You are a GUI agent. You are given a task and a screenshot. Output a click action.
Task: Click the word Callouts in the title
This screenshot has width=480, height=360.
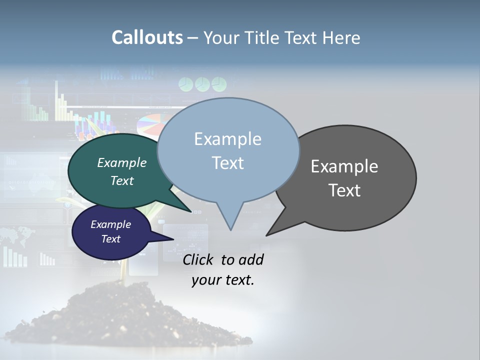147,37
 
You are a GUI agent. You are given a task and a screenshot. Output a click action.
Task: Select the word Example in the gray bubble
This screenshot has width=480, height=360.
344,166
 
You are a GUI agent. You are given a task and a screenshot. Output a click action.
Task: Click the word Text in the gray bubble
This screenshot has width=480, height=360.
344,190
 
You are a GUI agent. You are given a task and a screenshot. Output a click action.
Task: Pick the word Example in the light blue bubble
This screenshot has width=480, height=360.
227,139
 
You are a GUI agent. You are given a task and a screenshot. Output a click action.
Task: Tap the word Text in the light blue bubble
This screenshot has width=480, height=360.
227,163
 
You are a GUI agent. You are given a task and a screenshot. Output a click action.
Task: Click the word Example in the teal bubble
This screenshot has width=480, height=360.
122,162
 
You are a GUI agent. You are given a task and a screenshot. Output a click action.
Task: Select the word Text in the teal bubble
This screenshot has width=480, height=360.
122,180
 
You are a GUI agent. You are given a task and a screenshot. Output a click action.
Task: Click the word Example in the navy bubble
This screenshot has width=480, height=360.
110,224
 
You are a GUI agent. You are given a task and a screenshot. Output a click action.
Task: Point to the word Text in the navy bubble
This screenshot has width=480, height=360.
110,239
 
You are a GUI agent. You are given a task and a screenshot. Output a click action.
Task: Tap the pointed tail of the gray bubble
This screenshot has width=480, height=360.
272,230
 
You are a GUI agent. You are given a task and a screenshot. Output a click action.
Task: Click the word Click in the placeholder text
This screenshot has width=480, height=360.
199,259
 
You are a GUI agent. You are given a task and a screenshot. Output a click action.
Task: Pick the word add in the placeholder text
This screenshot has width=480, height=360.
251,259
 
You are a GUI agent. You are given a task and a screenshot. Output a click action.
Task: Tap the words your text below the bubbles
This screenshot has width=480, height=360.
223,280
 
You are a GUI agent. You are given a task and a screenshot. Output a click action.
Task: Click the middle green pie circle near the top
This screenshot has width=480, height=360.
202,83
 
